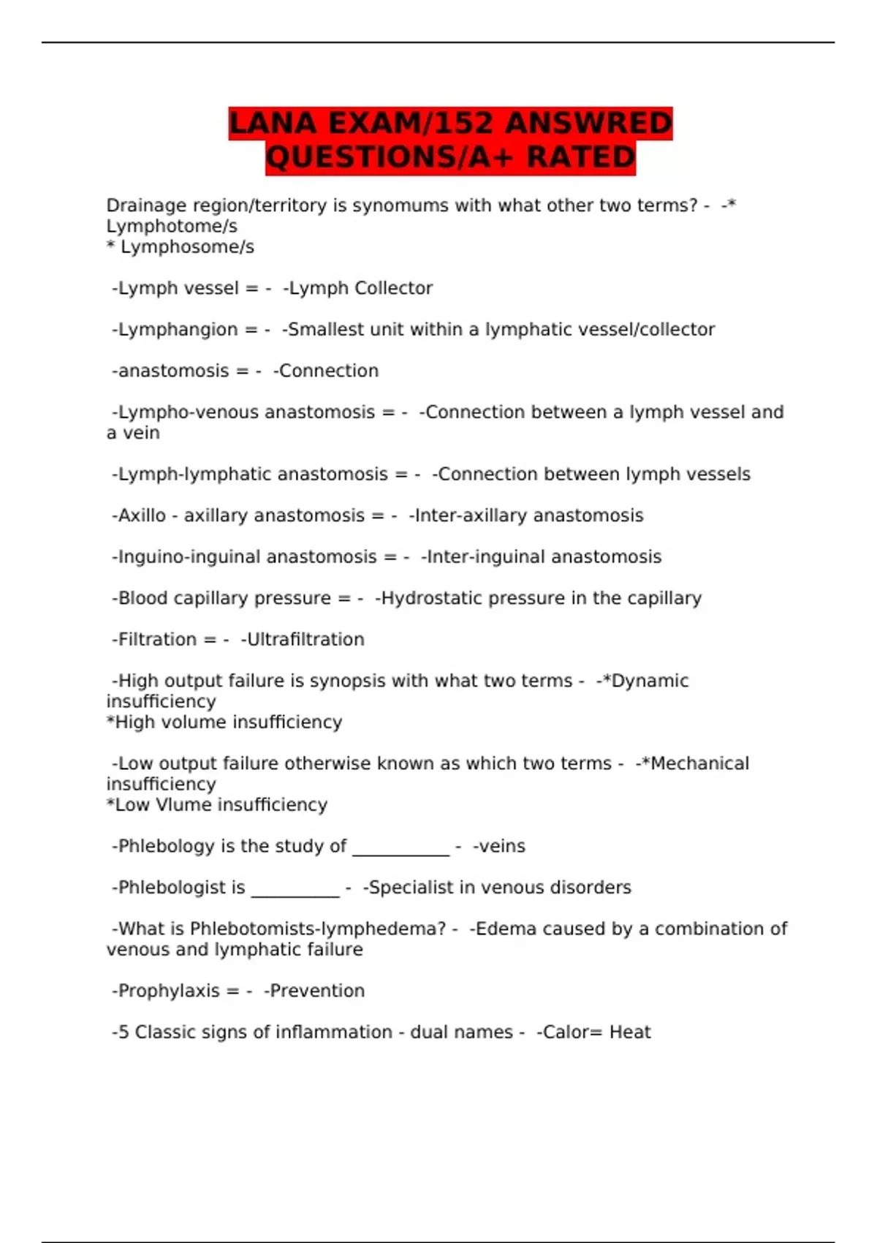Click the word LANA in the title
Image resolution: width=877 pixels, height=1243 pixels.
click(x=273, y=123)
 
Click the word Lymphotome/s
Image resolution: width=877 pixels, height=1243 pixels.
click(x=172, y=227)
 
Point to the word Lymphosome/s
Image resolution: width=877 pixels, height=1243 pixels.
click(x=187, y=247)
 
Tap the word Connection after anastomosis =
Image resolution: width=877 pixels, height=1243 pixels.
click(x=329, y=371)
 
